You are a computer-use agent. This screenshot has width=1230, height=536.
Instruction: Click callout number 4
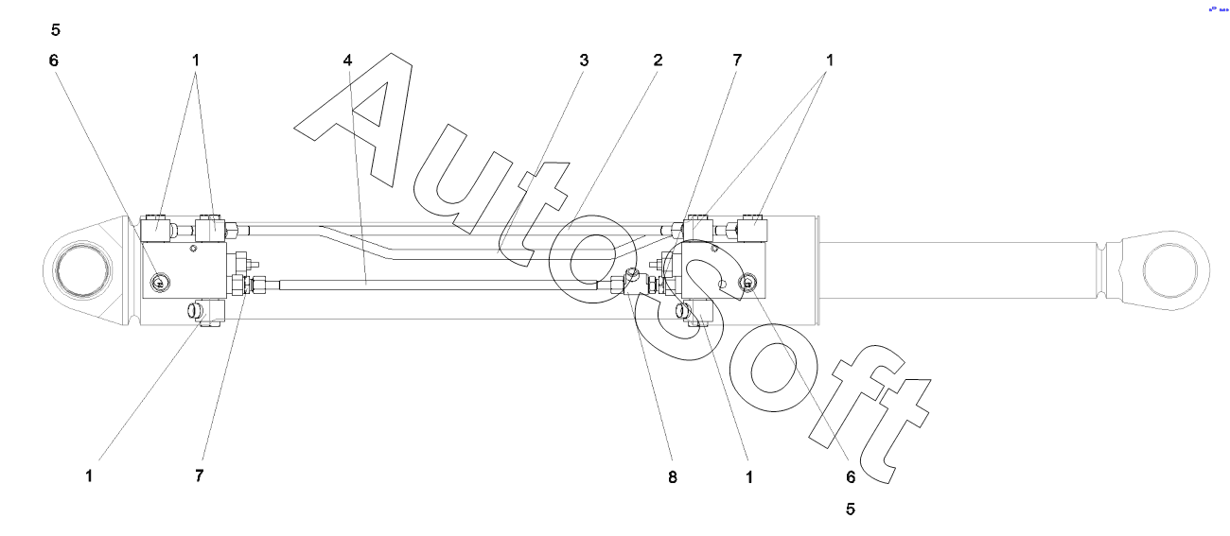(x=348, y=60)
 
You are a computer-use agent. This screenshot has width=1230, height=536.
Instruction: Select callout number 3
(x=584, y=60)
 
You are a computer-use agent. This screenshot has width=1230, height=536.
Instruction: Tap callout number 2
(x=657, y=60)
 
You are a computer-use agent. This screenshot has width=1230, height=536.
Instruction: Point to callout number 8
(x=673, y=476)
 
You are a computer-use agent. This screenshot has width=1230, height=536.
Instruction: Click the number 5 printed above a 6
(x=56, y=29)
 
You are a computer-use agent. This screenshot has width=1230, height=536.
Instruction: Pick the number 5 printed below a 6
(x=850, y=509)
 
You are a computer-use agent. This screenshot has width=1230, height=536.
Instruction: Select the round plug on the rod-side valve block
(x=748, y=281)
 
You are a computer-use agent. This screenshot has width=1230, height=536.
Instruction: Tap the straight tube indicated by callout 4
(x=426, y=283)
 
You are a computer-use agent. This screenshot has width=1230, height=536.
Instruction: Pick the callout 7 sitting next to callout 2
(x=736, y=60)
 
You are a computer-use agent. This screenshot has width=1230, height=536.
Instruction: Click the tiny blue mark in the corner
(x=1216, y=9)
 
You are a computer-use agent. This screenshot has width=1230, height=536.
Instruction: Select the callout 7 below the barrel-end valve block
(x=199, y=476)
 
